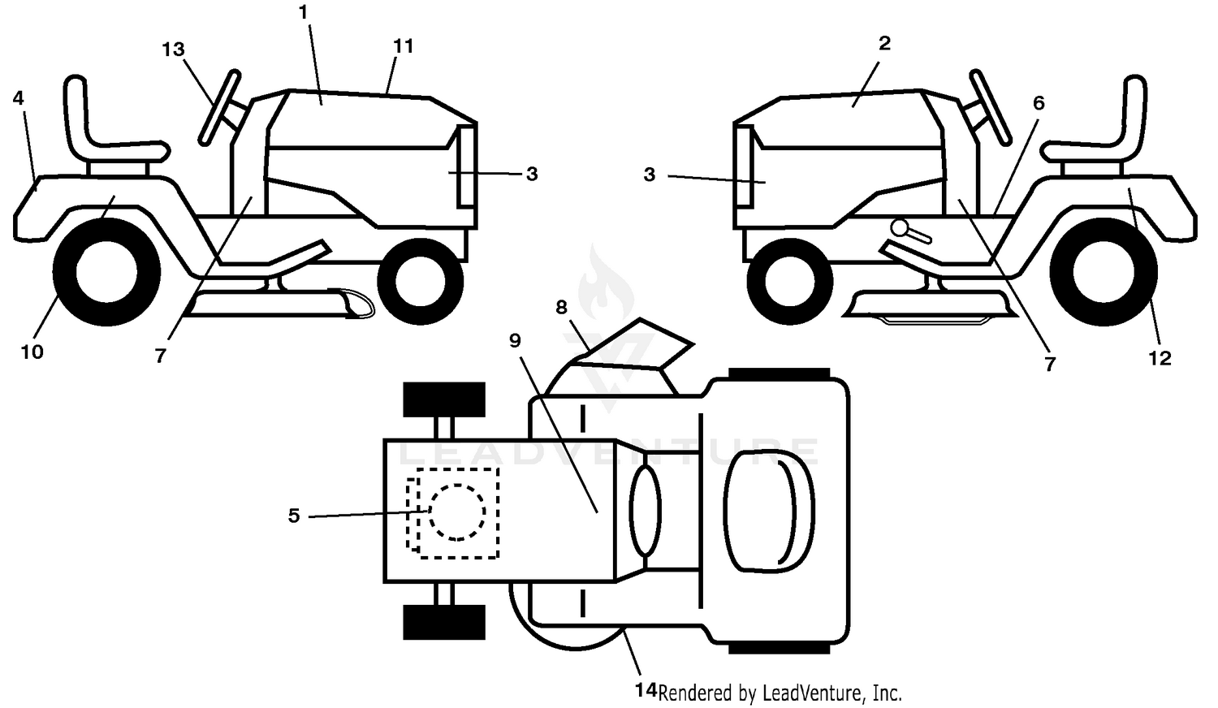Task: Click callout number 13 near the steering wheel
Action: point(174,50)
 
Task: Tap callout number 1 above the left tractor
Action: point(304,12)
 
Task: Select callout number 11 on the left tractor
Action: point(403,46)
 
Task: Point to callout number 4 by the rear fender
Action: point(19,98)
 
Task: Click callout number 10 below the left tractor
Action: point(32,352)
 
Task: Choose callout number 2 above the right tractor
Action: point(885,44)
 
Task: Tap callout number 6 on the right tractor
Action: point(1039,103)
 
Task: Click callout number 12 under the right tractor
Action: point(1160,358)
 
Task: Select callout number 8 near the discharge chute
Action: point(561,308)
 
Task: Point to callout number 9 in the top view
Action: point(515,340)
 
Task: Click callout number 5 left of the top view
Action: point(294,516)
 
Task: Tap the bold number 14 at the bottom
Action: point(646,690)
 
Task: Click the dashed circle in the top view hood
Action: point(456,512)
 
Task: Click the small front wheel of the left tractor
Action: point(421,282)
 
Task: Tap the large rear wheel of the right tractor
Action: point(1104,272)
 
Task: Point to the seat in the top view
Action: point(770,512)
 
